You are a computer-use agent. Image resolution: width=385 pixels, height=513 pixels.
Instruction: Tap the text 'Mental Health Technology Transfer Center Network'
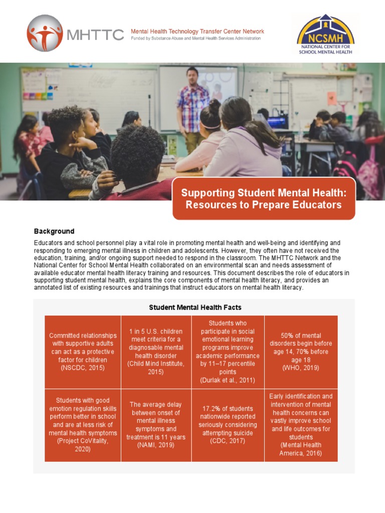pyautogui.click(x=197, y=31)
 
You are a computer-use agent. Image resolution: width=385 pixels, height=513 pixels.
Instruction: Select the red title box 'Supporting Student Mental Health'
pyautogui.click(x=264, y=198)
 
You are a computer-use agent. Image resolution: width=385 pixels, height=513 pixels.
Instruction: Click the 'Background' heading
pyautogui.click(x=54, y=231)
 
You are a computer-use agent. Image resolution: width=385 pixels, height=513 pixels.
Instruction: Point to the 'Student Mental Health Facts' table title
pyautogui.click(x=195, y=307)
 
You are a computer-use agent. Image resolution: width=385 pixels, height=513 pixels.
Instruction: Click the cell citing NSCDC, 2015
pyautogui.click(x=83, y=352)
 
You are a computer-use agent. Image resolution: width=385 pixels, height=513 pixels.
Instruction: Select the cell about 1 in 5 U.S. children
pyautogui.click(x=156, y=352)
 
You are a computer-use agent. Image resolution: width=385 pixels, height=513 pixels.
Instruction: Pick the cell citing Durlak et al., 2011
pyautogui.click(x=228, y=352)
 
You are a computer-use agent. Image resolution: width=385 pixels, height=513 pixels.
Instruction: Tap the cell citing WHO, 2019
pyautogui.click(x=301, y=352)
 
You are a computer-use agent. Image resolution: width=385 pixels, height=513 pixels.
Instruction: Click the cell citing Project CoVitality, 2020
pyautogui.click(x=83, y=425)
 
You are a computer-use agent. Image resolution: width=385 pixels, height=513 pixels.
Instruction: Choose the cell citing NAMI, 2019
pyautogui.click(x=156, y=425)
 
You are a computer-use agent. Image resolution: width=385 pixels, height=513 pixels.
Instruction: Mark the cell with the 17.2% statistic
pyautogui.click(x=228, y=425)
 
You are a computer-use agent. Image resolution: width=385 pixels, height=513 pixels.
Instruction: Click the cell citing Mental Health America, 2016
pyautogui.click(x=301, y=425)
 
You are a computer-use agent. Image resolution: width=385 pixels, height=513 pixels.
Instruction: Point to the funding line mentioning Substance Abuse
pyautogui.click(x=196, y=39)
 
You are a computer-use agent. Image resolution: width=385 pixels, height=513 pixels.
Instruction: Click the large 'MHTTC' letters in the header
pyautogui.click(x=95, y=34)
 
